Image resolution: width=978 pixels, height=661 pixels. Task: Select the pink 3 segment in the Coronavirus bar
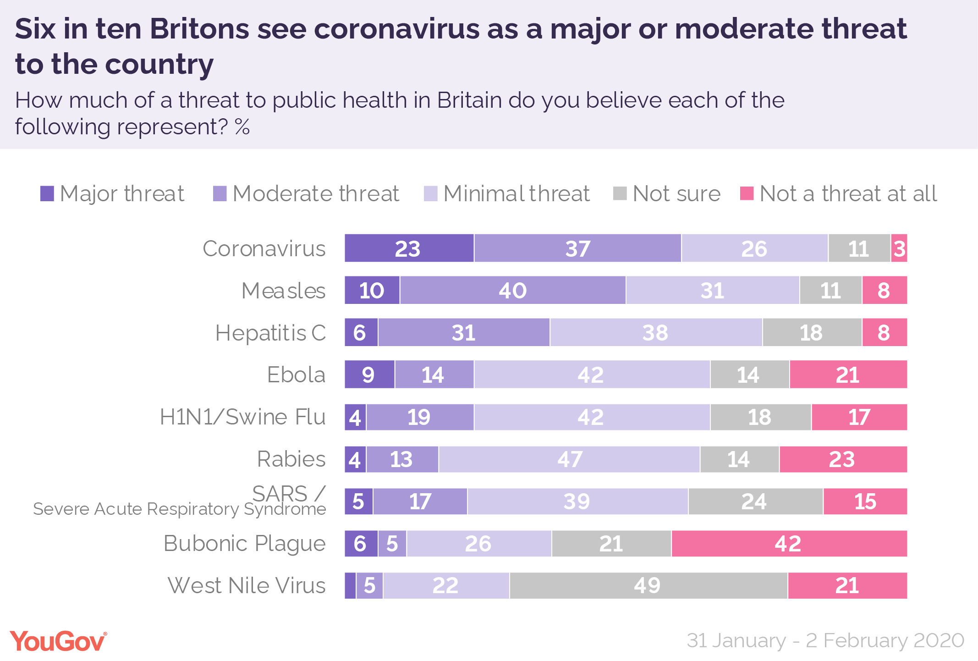pyautogui.click(x=899, y=248)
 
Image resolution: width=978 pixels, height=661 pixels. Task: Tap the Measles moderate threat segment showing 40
pyautogui.click(x=512, y=291)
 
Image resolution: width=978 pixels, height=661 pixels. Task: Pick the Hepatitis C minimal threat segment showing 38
pyautogui.click(x=655, y=333)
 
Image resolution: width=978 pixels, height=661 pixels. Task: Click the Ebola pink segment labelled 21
pyautogui.click(x=848, y=375)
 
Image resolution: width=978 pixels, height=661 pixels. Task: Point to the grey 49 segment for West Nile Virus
pyautogui.click(x=648, y=586)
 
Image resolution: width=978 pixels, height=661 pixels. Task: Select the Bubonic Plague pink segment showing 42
pyautogui.click(x=788, y=544)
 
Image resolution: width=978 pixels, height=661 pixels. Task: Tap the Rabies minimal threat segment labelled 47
pyautogui.click(x=569, y=459)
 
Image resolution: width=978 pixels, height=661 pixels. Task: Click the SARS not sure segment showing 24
pyautogui.click(x=755, y=501)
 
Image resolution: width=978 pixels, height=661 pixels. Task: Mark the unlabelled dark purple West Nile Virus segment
pyautogui.click(x=350, y=586)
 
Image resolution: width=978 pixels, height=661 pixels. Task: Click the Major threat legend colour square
pyautogui.click(x=47, y=193)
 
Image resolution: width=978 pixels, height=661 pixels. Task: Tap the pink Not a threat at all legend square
pyautogui.click(x=747, y=193)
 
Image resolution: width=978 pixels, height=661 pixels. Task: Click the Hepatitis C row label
pyautogui.click(x=270, y=333)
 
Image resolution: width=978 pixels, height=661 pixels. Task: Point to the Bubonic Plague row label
pyautogui.click(x=244, y=544)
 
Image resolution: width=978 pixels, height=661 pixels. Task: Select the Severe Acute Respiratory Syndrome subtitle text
pyautogui.click(x=179, y=509)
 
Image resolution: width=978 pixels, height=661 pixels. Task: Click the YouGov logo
pyautogui.click(x=58, y=641)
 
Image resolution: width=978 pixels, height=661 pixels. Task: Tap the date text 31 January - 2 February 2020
pyautogui.click(x=825, y=641)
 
